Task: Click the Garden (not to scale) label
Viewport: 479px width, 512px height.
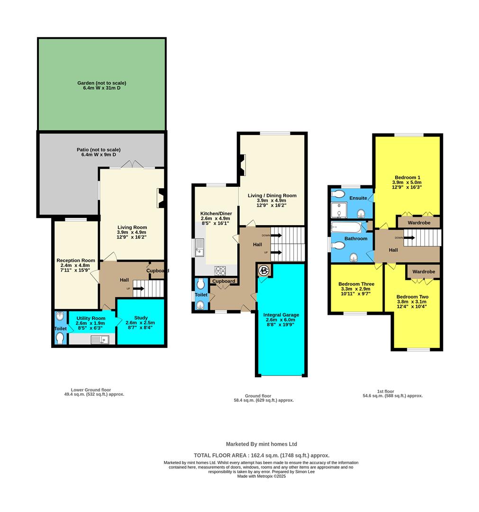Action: [x=102, y=86]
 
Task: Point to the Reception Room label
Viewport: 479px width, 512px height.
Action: [x=76, y=263]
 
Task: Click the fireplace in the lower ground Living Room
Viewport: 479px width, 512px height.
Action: [x=161, y=198]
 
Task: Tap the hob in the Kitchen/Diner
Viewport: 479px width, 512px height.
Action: [x=220, y=271]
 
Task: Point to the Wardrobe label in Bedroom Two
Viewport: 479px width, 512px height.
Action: [x=424, y=272]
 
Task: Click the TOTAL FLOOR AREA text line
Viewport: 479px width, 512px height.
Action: [x=262, y=455]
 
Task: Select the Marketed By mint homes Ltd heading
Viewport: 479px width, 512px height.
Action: [x=262, y=444]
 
